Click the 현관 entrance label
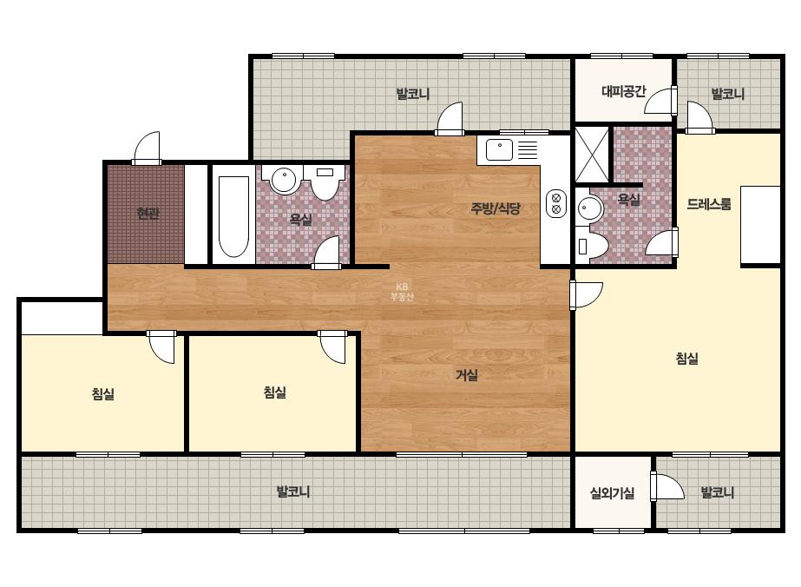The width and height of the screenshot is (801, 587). tap(148, 214)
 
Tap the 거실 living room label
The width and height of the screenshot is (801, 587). tap(467, 375)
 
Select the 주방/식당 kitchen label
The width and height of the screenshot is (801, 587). tap(496, 208)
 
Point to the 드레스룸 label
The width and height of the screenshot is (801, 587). tap(708, 204)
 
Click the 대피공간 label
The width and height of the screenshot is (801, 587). tap(624, 91)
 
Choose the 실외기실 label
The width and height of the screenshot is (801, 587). tap(612, 493)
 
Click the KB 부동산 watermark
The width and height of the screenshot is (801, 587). tap(402, 292)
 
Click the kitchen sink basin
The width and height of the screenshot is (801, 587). tap(499, 150)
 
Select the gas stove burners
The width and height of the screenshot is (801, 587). tap(556, 203)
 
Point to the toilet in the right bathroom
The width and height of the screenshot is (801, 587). tap(592, 247)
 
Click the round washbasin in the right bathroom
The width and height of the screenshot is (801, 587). tap(590, 208)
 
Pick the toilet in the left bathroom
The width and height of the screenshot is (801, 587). tap(325, 182)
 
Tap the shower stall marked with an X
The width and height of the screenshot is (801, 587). tap(592, 155)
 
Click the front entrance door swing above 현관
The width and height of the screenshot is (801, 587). tap(148, 148)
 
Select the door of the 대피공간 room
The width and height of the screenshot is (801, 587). tap(660, 100)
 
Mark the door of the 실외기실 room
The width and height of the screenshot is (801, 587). tap(666, 486)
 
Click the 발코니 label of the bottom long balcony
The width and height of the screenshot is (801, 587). tap(293, 491)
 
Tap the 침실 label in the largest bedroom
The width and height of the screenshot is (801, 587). tap(687, 359)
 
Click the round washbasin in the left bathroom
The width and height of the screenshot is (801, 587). tap(283, 180)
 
